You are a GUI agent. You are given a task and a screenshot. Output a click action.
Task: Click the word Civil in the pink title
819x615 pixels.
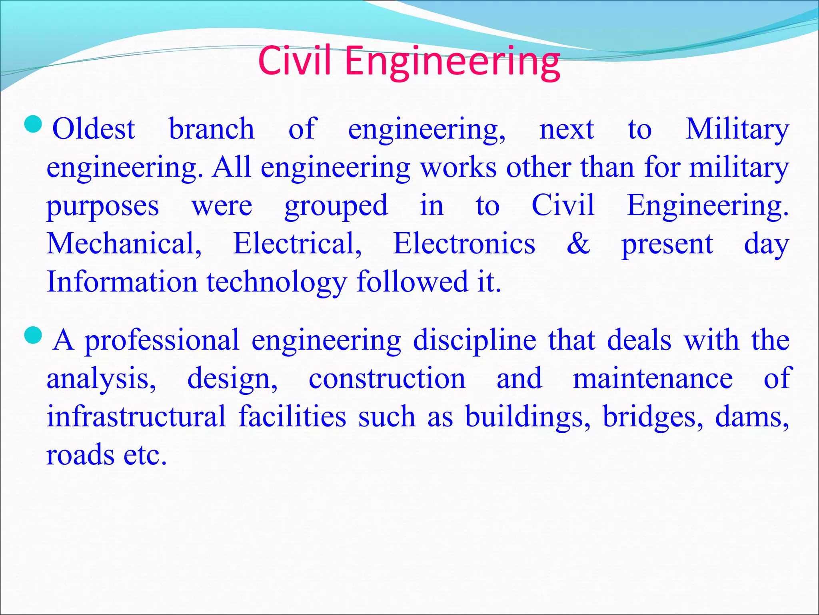295,61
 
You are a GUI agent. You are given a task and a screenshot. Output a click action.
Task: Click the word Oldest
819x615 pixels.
94,129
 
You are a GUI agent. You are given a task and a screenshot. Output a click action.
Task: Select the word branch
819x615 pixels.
212,129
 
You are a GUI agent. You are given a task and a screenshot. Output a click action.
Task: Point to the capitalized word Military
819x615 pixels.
737,129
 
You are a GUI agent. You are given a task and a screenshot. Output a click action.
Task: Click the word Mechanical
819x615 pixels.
124,243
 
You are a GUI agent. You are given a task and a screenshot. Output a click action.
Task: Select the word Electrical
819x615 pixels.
298,243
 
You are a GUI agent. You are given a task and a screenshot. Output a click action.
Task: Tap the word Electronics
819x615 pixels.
464,243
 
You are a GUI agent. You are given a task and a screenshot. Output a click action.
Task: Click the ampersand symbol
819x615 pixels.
578,243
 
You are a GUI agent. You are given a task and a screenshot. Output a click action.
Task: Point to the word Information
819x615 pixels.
122,281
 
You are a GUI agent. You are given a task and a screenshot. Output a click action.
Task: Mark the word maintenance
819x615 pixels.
653,379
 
